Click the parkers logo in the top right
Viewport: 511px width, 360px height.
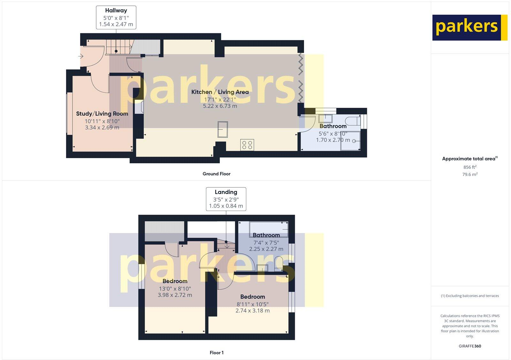pos(469,27)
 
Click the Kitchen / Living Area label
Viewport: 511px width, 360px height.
pos(220,92)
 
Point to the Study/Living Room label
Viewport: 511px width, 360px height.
pos(102,114)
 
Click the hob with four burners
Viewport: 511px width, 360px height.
pos(247,145)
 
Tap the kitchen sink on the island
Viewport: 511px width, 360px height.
pos(223,129)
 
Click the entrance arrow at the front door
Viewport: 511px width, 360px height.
pos(80,56)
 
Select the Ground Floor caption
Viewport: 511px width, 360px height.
pos(216,174)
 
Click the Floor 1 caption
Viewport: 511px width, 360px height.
pos(217,353)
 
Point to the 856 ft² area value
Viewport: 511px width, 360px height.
pos(470,167)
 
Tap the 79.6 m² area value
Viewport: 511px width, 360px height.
pos(470,174)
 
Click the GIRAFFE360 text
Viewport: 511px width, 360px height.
pos(470,346)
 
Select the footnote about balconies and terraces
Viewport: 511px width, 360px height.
pos(470,296)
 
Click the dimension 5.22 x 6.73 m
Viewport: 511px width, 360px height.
pos(220,106)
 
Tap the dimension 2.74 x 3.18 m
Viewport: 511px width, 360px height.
pos(252,311)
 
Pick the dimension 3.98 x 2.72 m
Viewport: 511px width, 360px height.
pos(175,295)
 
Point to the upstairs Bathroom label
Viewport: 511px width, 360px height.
pos(266,235)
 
